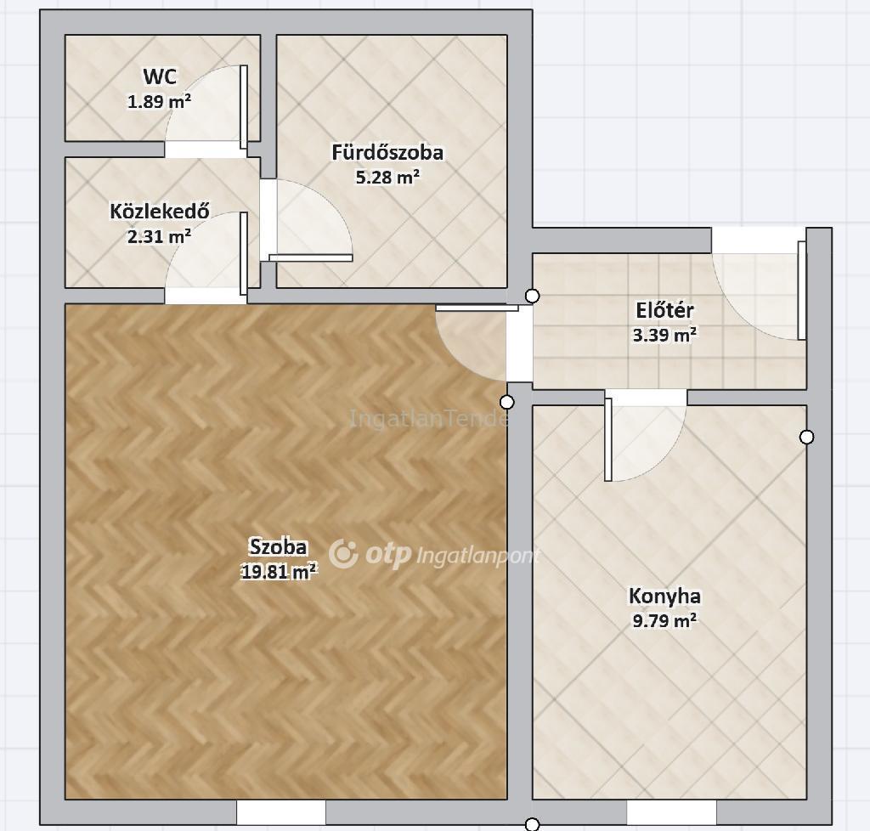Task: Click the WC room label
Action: point(160,76)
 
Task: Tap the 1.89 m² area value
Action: point(160,101)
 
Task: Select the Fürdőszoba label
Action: point(387,153)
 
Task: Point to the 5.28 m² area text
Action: point(387,177)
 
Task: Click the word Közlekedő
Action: point(160,212)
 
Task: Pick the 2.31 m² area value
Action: point(160,236)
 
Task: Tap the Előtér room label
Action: point(664,310)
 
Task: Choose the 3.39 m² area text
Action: point(664,335)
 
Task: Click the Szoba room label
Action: point(279,547)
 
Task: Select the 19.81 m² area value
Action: point(279,571)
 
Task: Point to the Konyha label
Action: point(664,596)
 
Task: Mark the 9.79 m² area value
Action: point(664,620)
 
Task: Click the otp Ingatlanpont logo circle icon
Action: point(343,554)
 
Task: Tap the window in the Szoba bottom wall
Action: point(281,812)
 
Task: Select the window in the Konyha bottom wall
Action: point(671,812)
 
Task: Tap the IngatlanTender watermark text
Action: point(428,418)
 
